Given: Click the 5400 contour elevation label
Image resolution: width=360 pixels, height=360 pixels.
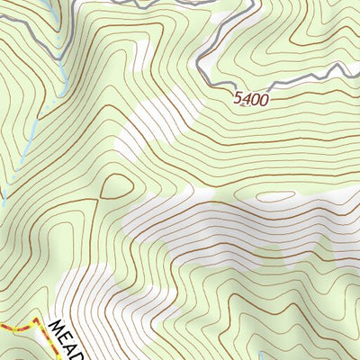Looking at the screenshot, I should point(251,98).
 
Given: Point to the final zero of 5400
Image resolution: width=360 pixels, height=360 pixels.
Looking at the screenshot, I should point(264,100).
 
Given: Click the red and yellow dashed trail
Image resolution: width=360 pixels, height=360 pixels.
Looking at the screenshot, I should point(18,325).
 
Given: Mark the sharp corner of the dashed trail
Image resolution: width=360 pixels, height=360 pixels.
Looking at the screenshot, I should point(36,319).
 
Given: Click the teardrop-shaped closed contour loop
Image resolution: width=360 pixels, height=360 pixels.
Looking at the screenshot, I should point(115,186).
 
